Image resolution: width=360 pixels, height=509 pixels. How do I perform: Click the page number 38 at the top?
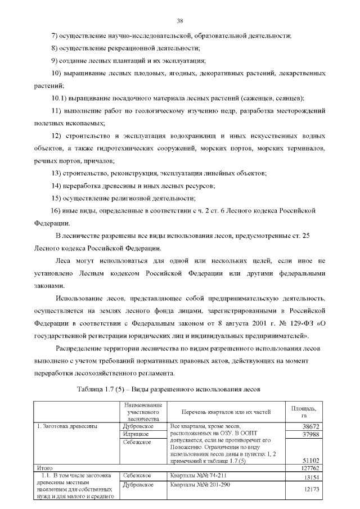(180, 21)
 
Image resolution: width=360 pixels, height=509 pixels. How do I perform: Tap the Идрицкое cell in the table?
(138, 434)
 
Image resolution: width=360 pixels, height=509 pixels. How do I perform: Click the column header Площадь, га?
(303, 411)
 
